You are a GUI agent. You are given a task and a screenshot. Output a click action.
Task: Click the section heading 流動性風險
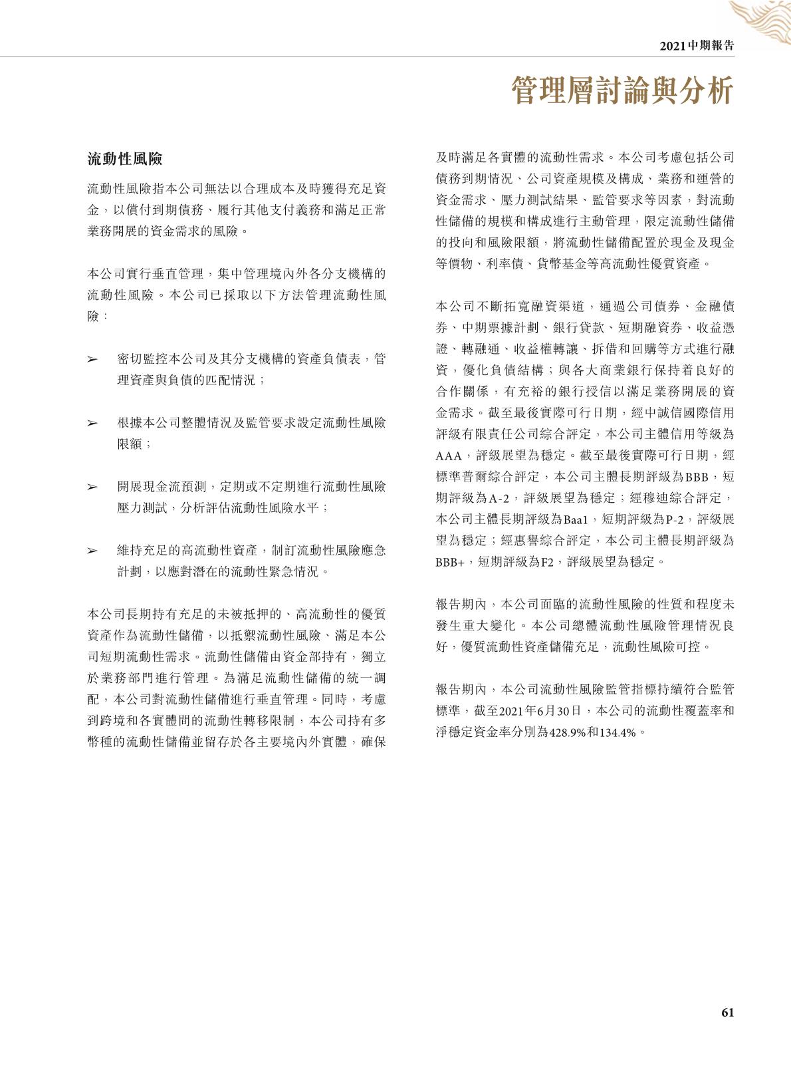(125, 159)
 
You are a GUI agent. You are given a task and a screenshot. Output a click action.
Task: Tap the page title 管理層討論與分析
(622, 91)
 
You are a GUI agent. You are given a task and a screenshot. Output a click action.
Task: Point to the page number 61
(727, 1012)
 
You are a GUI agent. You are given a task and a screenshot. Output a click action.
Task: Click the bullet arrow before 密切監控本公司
(93, 360)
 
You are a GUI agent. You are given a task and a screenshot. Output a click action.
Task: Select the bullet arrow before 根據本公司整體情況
(93, 424)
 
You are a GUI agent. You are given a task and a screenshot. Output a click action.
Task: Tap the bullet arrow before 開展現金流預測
(93, 487)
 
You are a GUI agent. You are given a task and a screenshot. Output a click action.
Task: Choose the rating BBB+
(449, 562)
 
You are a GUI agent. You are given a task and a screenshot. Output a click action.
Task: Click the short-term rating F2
(546, 562)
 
